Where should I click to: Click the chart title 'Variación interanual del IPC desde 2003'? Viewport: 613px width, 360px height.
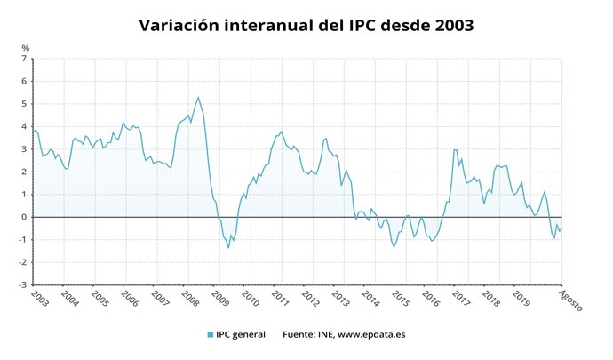click(306, 26)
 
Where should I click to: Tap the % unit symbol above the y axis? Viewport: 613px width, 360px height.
click(26, 48)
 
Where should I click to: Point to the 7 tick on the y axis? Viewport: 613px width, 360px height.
click(26, 60)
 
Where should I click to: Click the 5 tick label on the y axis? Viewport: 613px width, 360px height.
click(26, 105)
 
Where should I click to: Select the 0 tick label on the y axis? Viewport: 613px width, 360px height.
click(26, 217)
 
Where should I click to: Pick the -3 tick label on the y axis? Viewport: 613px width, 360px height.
click(24, 285)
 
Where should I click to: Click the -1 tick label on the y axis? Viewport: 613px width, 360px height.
click(24, 240)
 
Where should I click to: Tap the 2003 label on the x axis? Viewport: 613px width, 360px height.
click(39, 298)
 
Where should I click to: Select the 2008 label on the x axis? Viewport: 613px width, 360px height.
click(190, 298)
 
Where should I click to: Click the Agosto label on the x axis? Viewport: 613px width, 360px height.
click(570, 300)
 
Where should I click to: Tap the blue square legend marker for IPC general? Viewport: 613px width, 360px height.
click(211, 335)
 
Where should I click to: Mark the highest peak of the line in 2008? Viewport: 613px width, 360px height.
click(198, 97)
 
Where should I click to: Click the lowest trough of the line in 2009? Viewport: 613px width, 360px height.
click(228, 247)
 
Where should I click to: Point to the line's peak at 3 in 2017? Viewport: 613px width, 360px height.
click(455, 149)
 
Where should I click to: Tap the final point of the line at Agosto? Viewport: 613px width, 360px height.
click(561, 229)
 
